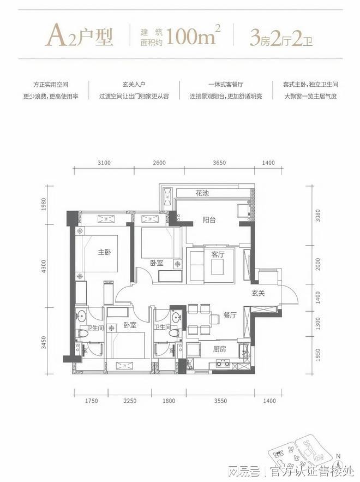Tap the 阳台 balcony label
click(x=209, y=220)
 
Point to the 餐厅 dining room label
click(x=230, y=315)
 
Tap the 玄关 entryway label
click(x=259, y=293)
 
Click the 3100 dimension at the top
click(x=104, y=163)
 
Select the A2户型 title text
click(x=80, y=35)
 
